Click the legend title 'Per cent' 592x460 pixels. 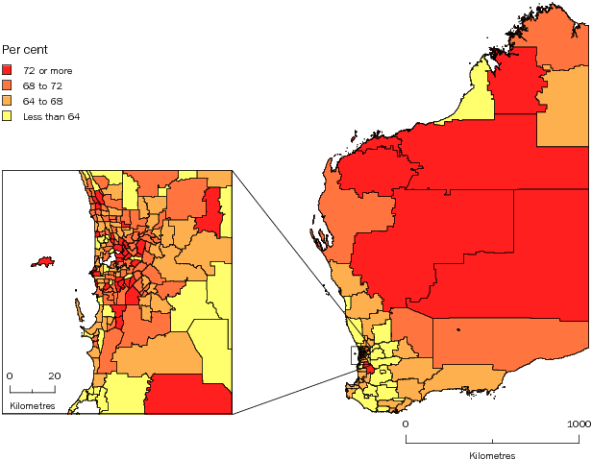click(x=24, y=49)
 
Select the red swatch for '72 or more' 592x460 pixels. click(x=7, y=70)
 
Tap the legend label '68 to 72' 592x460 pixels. click(x=42, y=85)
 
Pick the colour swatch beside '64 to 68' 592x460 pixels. click(x=7, y=101)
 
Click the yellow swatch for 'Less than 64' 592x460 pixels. click(x=7, y=116)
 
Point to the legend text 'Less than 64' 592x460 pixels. click(x=52, y=116)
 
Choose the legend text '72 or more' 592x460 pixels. click(x=48, y=70)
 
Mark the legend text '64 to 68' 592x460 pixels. click(x=42, y=101)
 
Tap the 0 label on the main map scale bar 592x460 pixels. click(x=406, y=424)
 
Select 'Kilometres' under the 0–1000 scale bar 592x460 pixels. click(x=492, y=454)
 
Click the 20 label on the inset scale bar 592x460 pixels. click(x=55, y=375)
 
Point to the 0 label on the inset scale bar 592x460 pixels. click(x=10, y=375)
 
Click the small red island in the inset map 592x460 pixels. click(x=41, y=261)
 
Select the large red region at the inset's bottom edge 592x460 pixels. click(x=189, y=395)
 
